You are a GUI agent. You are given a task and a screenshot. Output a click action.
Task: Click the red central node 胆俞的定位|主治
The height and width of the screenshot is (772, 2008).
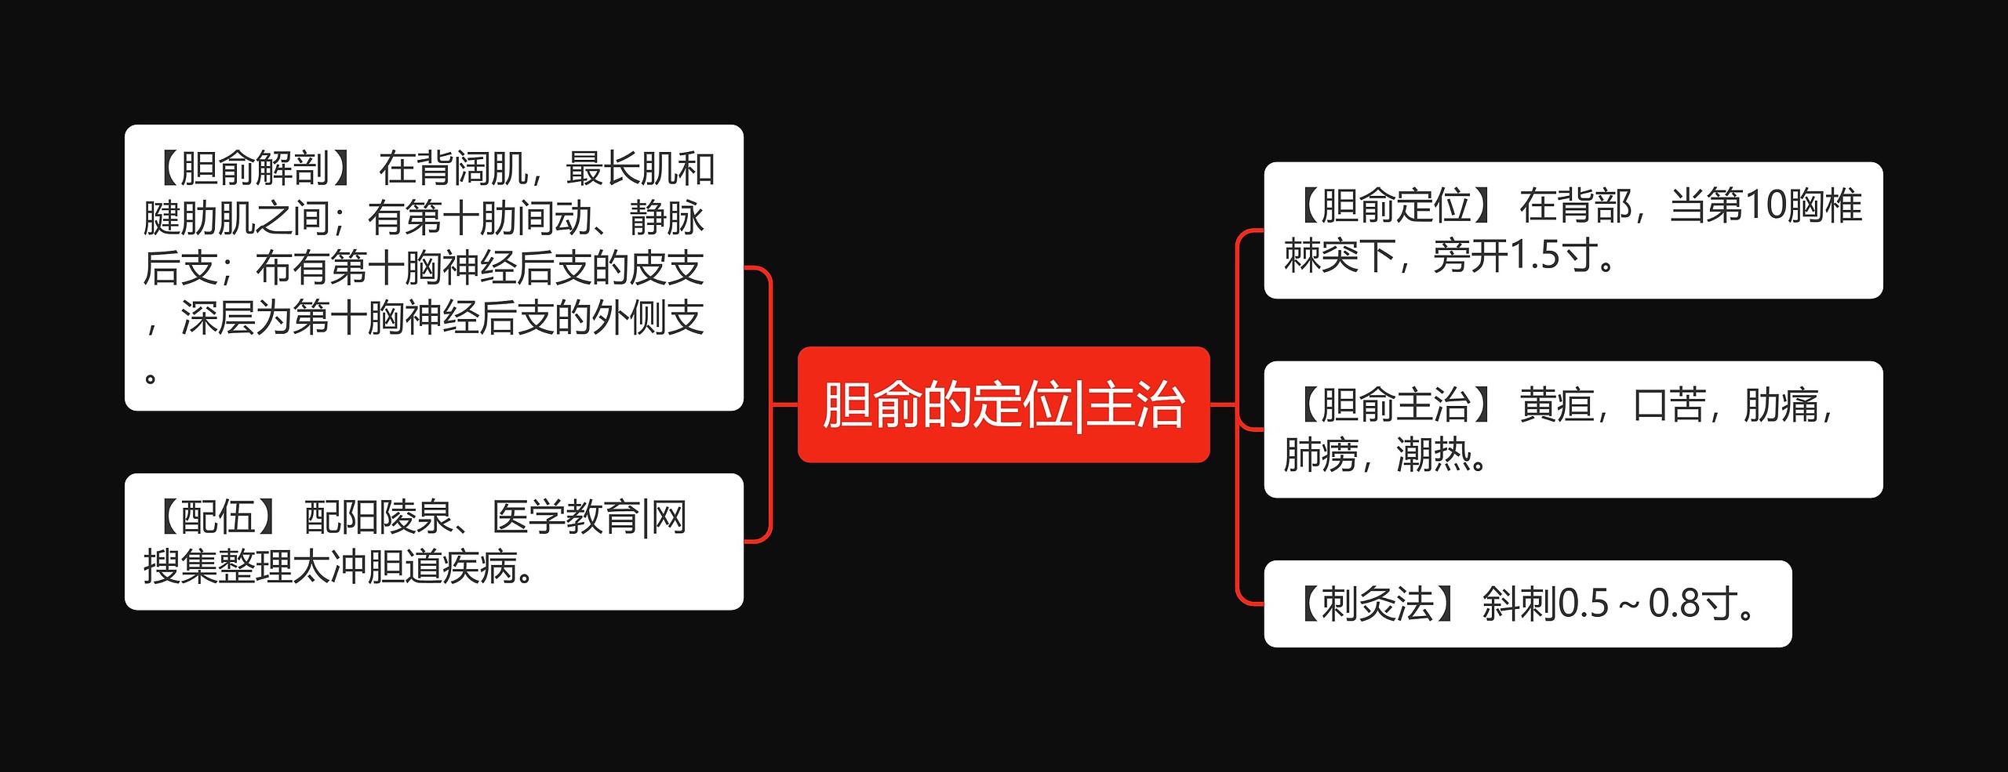pyautogui.click(x=1003, y=404)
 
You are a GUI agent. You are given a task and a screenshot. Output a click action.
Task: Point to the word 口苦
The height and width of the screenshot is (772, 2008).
pyautogui.click(x=1669, y=405)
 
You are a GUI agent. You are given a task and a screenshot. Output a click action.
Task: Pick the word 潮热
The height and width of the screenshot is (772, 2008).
pyautogui.click(x=1433, y=455)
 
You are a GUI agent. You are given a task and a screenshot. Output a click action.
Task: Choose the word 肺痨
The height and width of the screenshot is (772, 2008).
pyautogui.click(x=1321, y=455)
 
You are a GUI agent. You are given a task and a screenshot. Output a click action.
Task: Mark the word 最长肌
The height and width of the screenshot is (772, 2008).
pyautogui.click(x=620, y=169)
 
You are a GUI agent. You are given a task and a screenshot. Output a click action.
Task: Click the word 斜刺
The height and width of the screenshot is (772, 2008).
pyautogui.click(x=1519, y=604)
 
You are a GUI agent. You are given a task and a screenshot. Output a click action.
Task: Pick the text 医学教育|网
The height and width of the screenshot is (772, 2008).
pyautogui.click(x=589, y=517)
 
